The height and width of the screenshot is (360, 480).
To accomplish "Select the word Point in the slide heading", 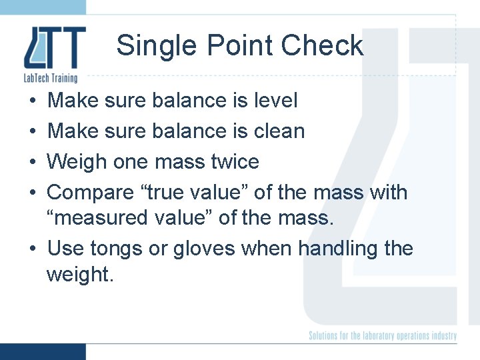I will click(237, 47).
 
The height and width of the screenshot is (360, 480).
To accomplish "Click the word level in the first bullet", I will click(276, 101).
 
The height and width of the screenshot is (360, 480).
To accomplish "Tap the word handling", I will click(338, 249).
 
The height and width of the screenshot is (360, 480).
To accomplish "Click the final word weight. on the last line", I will click(80, 274).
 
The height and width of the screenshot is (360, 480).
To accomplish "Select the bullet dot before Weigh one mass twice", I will click(33, 163).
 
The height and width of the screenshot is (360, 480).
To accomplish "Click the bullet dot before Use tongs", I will click(33, 249).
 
